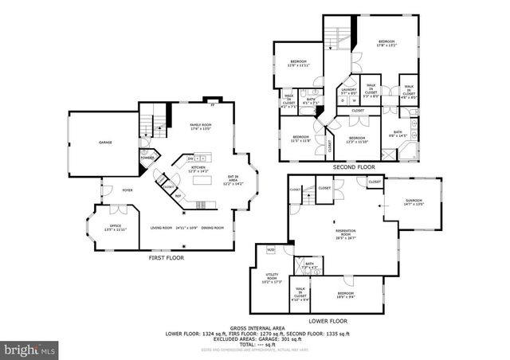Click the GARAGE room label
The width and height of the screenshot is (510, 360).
(x=104, y=143)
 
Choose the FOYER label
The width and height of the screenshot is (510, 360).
(x=127, y=191)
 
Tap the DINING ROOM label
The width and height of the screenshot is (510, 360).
(x=212, y=229)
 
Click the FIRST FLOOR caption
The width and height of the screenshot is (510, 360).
(x=168, y=259)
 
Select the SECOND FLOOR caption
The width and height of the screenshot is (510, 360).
(x=354, y=167)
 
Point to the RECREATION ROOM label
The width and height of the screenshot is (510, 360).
(x=345, y=233)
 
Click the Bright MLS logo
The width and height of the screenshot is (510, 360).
(x=30, y=349)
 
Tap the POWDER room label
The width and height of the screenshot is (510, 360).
(x=147, y=157)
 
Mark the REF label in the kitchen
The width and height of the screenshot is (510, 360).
(x=178, y=195)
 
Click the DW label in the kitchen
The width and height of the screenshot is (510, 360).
(x=191, y=158)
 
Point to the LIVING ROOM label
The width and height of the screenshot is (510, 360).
(x=162, y=229)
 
